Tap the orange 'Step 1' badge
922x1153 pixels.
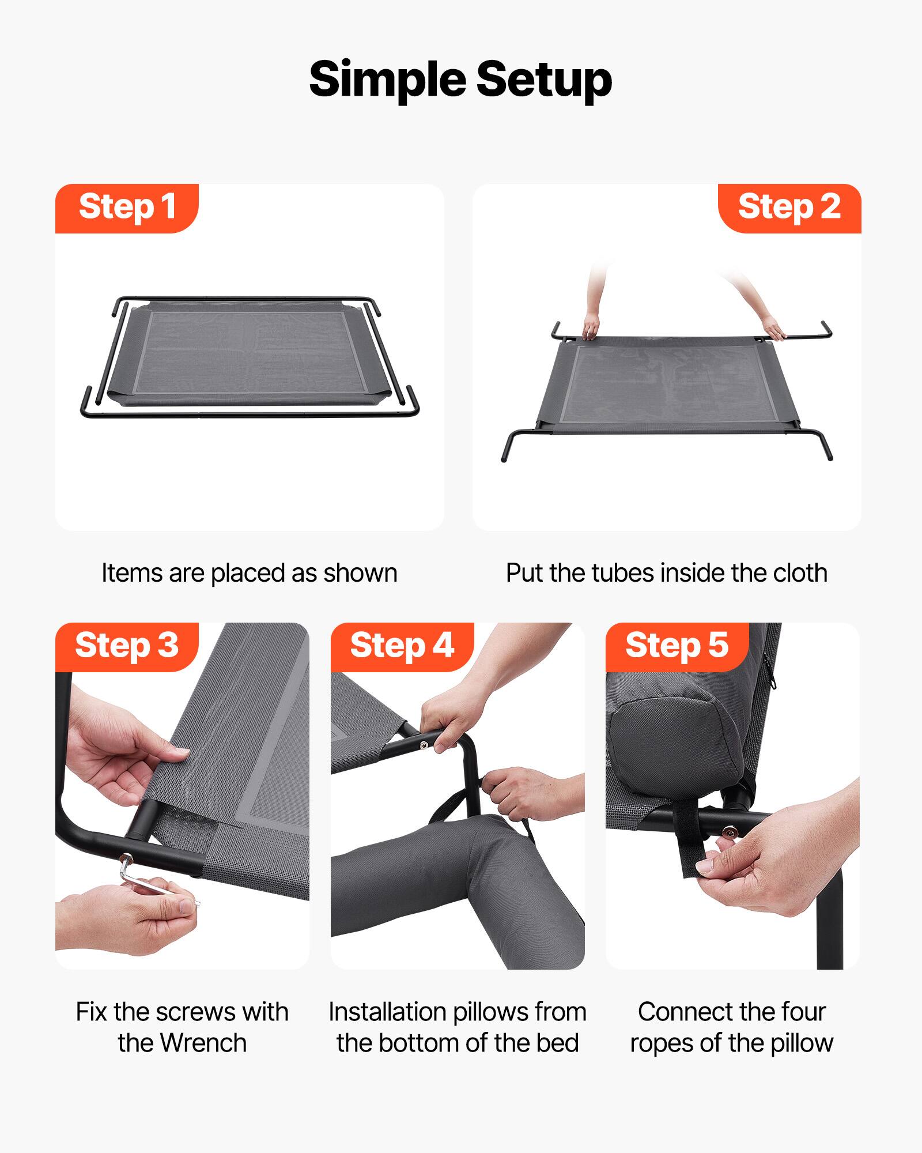[127, 208]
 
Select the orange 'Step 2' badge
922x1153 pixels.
[789, 208]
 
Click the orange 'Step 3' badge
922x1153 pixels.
[127, 646]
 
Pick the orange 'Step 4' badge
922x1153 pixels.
[402, 646]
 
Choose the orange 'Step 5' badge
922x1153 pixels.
[677, 646]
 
